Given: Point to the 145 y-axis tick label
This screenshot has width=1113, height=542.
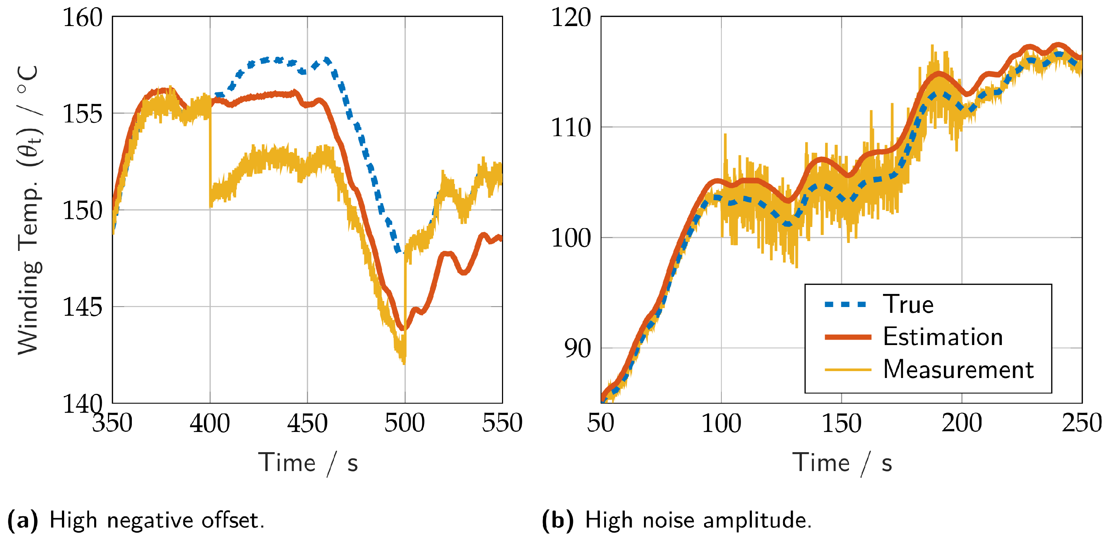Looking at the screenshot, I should pos(83,307).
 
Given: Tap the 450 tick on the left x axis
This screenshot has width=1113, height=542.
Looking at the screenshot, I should pos(307,424).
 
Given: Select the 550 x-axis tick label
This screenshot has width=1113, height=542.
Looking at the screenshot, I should pos(502,424).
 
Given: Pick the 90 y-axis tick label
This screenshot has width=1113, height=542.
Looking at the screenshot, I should pos(577,348).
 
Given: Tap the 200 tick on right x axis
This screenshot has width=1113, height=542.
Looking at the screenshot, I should pos(962,424).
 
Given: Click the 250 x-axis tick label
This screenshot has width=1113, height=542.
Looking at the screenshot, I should pos(1081,424).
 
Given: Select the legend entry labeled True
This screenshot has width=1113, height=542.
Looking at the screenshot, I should pos(908,304).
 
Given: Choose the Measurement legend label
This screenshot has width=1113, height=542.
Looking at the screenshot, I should pos(958,370).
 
